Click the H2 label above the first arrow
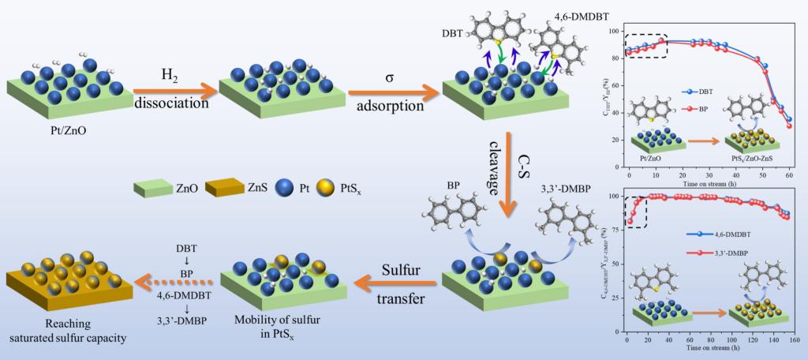(x=170, y=75)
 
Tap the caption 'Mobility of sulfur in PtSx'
(x=267, y=334)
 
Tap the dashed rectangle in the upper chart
(x=645, y=45)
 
